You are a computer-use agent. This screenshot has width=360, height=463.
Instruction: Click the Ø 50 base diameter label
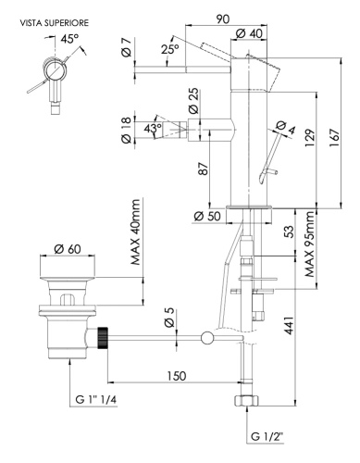[209, 217]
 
